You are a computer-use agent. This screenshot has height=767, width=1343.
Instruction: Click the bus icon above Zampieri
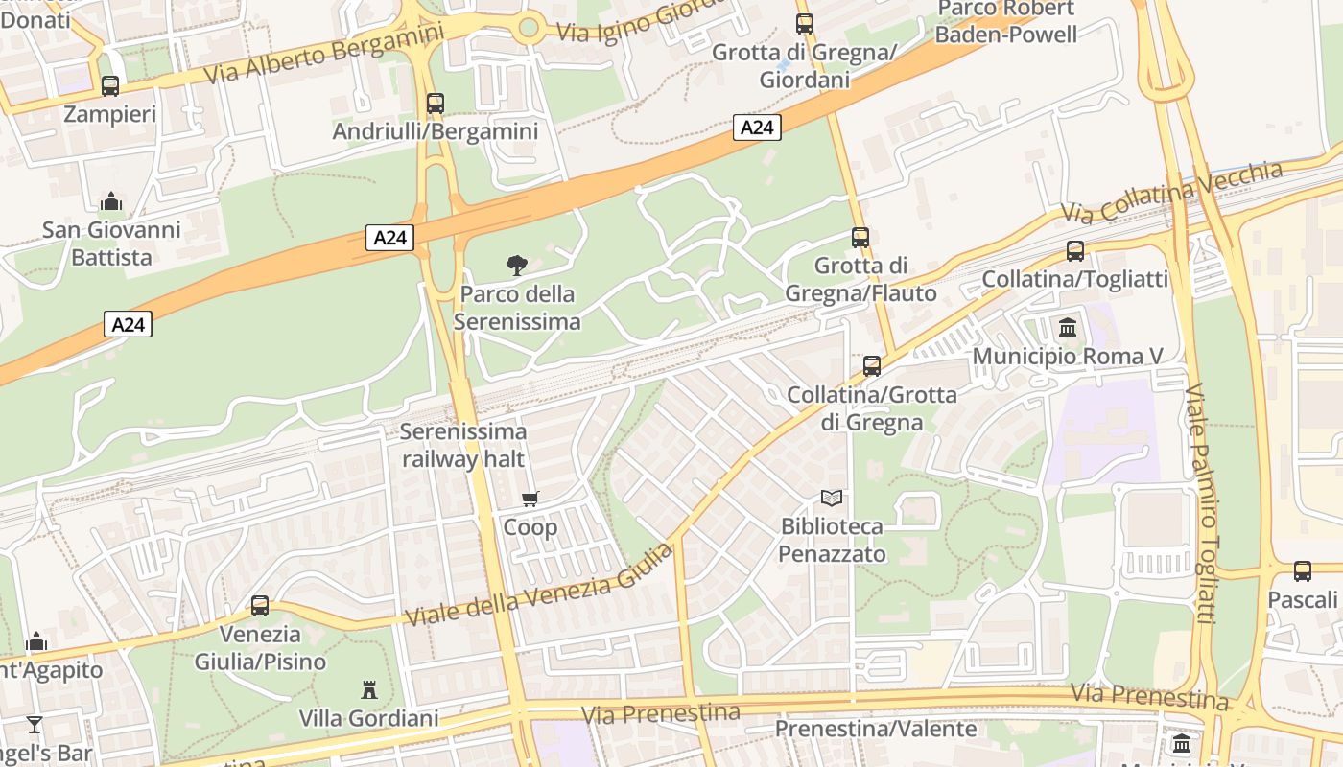(110, 86)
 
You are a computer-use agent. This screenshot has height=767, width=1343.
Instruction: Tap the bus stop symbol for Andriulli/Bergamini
(436, 103)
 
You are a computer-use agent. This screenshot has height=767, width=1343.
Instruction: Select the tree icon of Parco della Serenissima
(516, 265)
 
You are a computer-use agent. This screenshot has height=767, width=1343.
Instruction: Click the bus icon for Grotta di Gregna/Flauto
(860, 237)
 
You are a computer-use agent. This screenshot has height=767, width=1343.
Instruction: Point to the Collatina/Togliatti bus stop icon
(1075, 251)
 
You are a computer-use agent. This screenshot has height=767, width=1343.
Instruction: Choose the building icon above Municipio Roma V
(1068, 329)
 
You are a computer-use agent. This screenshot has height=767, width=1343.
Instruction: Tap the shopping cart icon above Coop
(530, 499)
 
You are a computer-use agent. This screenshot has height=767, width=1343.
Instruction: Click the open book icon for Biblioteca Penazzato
(832, 499)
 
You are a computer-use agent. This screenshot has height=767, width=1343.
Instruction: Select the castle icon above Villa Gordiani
(368, 689)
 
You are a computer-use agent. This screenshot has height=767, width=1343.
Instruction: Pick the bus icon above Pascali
(1303, 571)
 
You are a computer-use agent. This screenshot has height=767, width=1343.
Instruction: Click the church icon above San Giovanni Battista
(111, 201)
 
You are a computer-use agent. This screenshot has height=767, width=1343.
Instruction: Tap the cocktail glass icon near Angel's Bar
(35, 725)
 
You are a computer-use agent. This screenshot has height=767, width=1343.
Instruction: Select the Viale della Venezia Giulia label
(538, 587)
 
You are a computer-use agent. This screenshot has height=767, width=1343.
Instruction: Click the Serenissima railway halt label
(463, 445)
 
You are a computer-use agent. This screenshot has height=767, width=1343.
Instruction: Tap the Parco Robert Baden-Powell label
(1005, 21)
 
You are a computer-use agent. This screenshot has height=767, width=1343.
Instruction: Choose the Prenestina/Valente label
(875, 730)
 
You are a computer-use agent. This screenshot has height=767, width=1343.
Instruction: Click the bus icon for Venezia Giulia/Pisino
(260, 606)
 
